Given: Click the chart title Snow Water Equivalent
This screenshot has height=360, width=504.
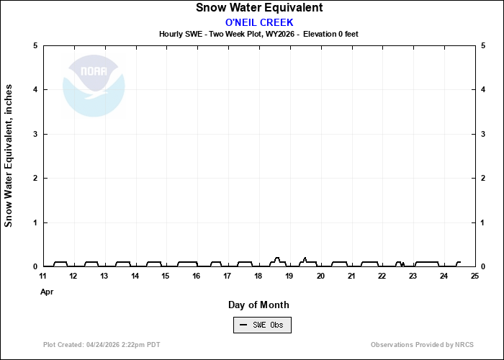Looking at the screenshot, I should (x=259, y=8).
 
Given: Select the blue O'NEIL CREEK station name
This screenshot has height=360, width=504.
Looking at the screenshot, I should (x=259, y=22).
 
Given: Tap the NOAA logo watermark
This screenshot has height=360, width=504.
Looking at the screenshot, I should (x=94, y=86).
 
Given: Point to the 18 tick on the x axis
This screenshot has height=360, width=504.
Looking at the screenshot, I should (x=258, y=276).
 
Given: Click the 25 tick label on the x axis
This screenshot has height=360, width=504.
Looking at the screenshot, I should (x=474, y=276).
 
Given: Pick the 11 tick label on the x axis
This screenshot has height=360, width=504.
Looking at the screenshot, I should (x=43, y=276).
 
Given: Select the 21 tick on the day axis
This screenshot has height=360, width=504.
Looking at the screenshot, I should (x=351, y=276).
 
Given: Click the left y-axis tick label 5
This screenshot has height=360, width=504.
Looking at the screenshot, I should (x=35, y=45).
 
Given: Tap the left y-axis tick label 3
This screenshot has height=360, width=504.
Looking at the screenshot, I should (x=35, y=134).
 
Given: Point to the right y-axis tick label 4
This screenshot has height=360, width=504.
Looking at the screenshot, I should (x=482, y=90).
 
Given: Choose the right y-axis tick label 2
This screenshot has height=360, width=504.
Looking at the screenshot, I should (x=482, y=179).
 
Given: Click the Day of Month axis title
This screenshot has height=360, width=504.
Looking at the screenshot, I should (x=258, y=305).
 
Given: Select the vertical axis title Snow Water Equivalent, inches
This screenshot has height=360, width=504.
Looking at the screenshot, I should (x=9, y=156).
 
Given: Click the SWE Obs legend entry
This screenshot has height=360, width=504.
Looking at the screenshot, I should (x=262, y=325).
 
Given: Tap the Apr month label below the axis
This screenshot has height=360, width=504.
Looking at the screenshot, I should (x=47, y=292).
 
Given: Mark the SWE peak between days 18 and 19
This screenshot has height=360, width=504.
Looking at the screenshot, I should (x=277, y=258).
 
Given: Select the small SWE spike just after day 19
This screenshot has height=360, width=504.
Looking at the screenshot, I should (x=305, y=258).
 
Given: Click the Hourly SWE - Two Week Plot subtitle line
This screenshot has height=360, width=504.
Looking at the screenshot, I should (x=258, y=34).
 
